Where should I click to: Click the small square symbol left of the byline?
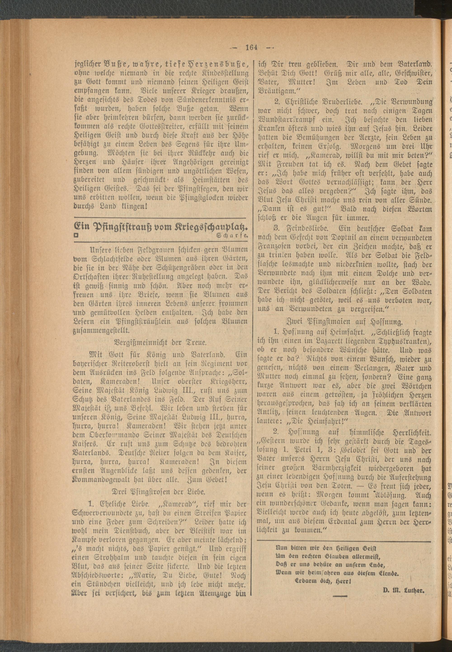coord(76,235)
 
